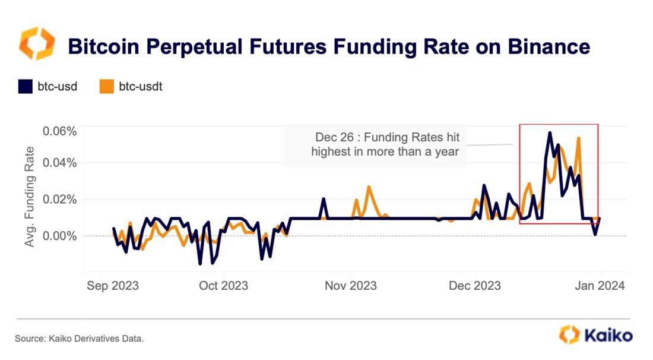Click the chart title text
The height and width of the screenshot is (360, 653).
click(x=329, y=46)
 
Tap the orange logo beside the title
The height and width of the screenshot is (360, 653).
click(x=37, y=43)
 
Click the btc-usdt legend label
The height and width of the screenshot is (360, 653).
click(x=141, y=87)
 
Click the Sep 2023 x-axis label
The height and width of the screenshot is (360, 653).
click(x=112, y=286)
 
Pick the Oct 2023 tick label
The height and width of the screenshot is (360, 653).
click(x=224, y=286)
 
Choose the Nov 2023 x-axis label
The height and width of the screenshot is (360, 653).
click(x=351, y=286)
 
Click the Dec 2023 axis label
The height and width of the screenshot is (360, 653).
click(x=475, y=286)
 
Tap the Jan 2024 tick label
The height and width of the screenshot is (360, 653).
click(x=598, y=286)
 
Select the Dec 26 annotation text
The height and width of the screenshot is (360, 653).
click(x=386, y=144)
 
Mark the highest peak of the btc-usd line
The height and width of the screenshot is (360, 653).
click(x=550, y=132)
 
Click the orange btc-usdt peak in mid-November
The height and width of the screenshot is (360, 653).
click(x=369, y=187)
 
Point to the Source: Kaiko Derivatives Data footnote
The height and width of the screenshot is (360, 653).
click(x=80, y=339)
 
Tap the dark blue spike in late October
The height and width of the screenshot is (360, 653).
click(x=324, y=199)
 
